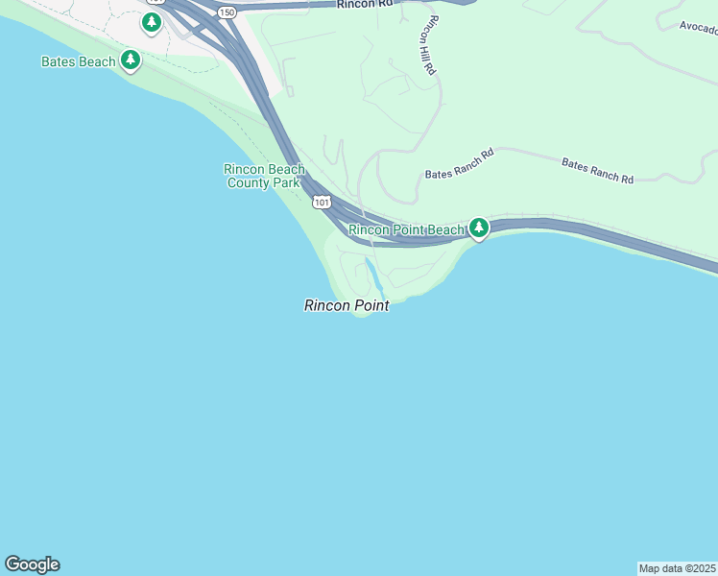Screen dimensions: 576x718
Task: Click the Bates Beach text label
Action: pyautogui.click(x=79, y=61)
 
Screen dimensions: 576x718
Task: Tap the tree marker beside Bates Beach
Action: pyautogui.click(x=131, y=61)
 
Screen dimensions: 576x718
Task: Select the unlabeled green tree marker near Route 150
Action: pyautogui.click(x=152, y=22)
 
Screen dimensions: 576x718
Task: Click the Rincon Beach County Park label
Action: pyautogui.click(x=264, y=176)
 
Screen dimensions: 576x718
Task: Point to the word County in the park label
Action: pyautogui.click(x=248, y=182)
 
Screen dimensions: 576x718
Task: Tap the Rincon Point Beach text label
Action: pyautogui.click(x=406, y=229)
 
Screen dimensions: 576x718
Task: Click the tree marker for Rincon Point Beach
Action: pyautogui.click(x=479, y=228)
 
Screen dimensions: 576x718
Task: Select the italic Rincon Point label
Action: pyautogui.click(x=347, y=305)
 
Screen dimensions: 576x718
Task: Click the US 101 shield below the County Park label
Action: pyautogui.click(x=322, y=202)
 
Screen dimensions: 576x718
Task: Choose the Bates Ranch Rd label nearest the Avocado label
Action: pyautogui.click(x=597, y=172)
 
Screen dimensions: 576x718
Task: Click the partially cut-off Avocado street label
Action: pyautogui.click(x=698, y=27)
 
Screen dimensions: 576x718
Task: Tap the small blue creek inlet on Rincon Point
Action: pyautogui.click(x=372, y=276)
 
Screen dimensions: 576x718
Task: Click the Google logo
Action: pyautogui.click(x=32, y=564)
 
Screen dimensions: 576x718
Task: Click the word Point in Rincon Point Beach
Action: pyautogui.click(x=406, y=229)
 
